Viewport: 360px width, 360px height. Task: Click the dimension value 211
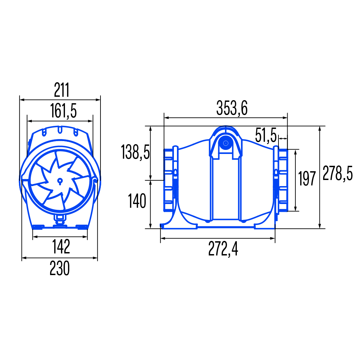62,90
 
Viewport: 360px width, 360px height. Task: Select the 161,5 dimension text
63,111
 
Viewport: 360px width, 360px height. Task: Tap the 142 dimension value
61,247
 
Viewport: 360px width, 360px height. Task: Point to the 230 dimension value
60,268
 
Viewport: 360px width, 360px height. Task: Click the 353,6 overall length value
232,108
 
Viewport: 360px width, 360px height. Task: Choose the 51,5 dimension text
266,135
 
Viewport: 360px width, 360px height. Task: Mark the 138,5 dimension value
135,152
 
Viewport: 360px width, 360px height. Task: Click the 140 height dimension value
137,201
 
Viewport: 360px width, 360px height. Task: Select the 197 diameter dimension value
307,178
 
